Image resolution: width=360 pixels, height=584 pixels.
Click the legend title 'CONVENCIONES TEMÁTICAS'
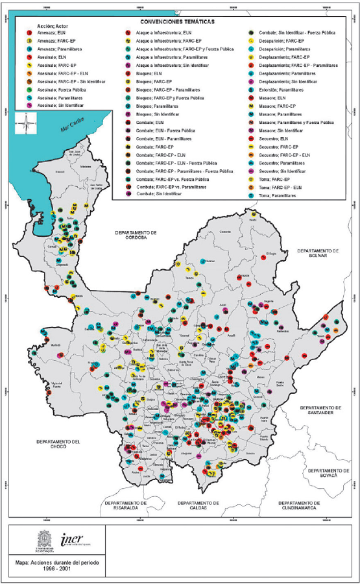tap(179, 20)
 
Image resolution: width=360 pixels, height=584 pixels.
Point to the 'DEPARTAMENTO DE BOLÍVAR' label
tap(315, 252)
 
